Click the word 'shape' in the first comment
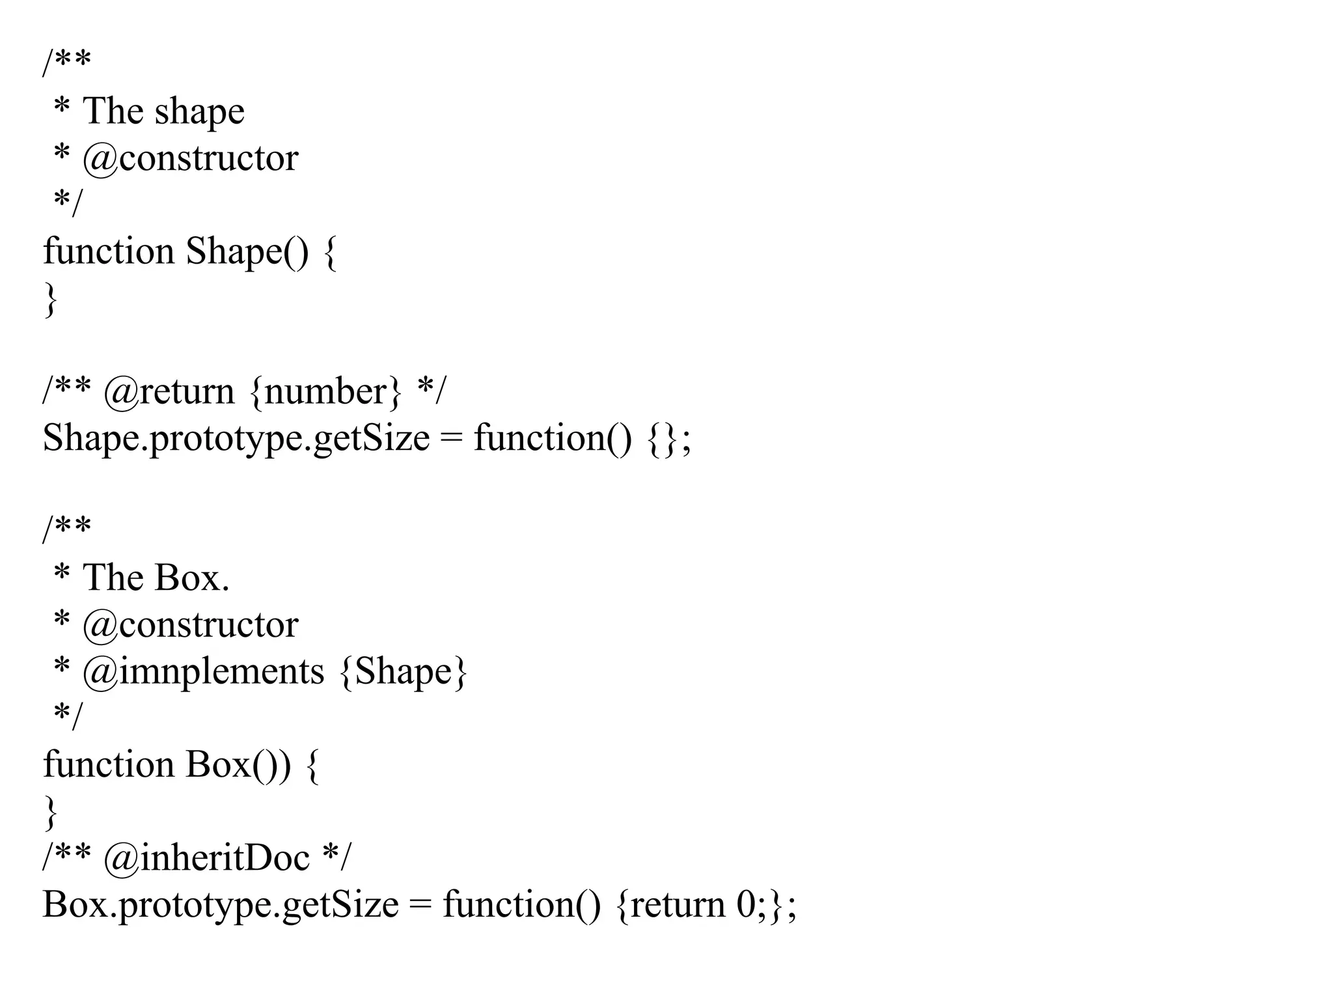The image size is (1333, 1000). pos(200,112)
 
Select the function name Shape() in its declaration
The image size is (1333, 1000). pos(247,252)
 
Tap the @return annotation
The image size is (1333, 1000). pos(169,392)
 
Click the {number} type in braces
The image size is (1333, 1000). pos(325,392)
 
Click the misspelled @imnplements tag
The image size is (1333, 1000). pos(203,672)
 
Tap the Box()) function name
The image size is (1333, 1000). pos(238,765)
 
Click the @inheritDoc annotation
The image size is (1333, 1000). pos(206,858)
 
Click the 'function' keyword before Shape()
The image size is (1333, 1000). pos(109,252)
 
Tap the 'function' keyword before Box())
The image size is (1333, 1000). pos(109,765)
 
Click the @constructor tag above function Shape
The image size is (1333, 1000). pos(190,159)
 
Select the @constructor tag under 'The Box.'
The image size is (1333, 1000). pos(190,626)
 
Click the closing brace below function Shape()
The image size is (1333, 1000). pos(50,299)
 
